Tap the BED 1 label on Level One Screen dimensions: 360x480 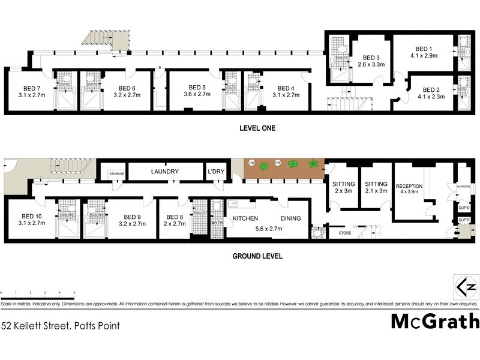pos(424,49)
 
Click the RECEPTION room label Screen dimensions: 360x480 pos(408,186)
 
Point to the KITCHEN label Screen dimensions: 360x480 pos(245,218)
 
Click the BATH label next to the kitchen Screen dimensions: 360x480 pos(217,223)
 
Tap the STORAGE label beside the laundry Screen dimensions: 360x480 pos(116,174)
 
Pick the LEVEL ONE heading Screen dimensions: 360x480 pos(256,128)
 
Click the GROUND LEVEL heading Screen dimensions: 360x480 pos(257,256)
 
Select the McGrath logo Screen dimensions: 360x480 pos(435,322)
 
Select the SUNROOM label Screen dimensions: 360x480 pos(464,187)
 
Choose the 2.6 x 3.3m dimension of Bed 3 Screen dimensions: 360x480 pos(370,64)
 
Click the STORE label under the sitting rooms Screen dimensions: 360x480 pos(344,232)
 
